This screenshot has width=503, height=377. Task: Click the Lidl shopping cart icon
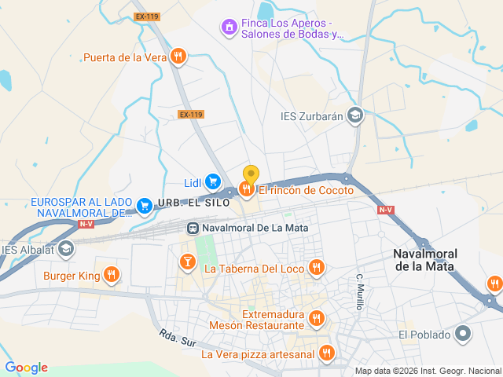[x=213, y=181]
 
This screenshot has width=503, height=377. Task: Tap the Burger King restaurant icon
[x=111, y=275]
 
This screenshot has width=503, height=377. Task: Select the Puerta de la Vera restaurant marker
[x=179, y=57]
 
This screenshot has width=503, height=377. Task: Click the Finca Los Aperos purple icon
[x=229, y=27]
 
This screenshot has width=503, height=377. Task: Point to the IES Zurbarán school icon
[x=356, y=116]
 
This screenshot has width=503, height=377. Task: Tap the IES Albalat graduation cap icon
[x=67, y=250]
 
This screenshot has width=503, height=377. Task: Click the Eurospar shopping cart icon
[x=145, y=207]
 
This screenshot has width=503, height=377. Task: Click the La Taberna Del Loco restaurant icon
[x=316, y=268]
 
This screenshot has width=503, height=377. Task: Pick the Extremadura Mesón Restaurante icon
[x=316, y=318]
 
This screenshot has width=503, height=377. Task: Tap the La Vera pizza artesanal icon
[x=327, y=353]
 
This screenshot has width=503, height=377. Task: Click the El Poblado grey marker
[x=464, y=335]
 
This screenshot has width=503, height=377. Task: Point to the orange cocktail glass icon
[x=187, y=262]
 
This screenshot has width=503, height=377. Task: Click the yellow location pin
[x=251, y=174]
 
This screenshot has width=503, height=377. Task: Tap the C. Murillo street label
[x=360, y=291]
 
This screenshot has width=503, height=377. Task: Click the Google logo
[x=27, y=368]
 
